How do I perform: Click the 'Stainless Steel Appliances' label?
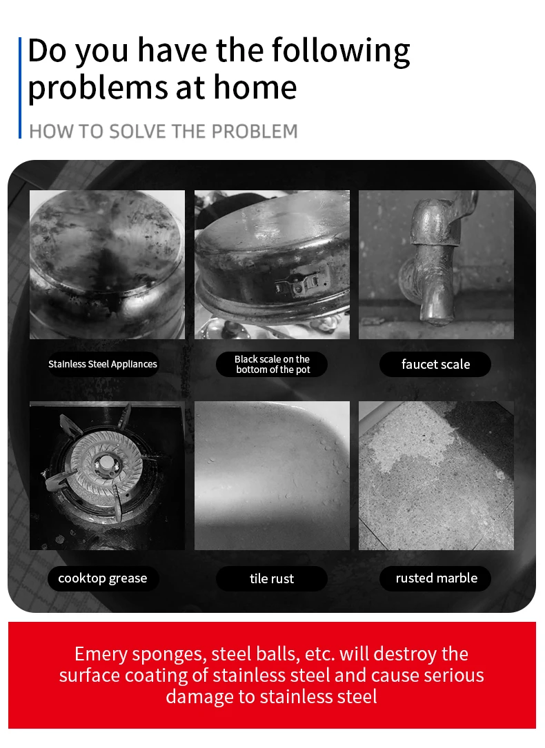103,364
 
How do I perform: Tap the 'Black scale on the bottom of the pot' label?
272,364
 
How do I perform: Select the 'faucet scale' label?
435,364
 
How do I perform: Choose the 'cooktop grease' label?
103,578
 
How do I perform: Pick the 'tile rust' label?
272,578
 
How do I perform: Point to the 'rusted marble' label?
435,578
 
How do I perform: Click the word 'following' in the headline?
341,51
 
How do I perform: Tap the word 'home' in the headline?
255,87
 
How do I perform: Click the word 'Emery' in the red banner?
101,654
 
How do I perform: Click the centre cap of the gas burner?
106,463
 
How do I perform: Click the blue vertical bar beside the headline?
20,88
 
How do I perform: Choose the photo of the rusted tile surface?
272,476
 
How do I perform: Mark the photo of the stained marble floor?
436,476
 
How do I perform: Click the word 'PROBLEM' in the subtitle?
255,131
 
